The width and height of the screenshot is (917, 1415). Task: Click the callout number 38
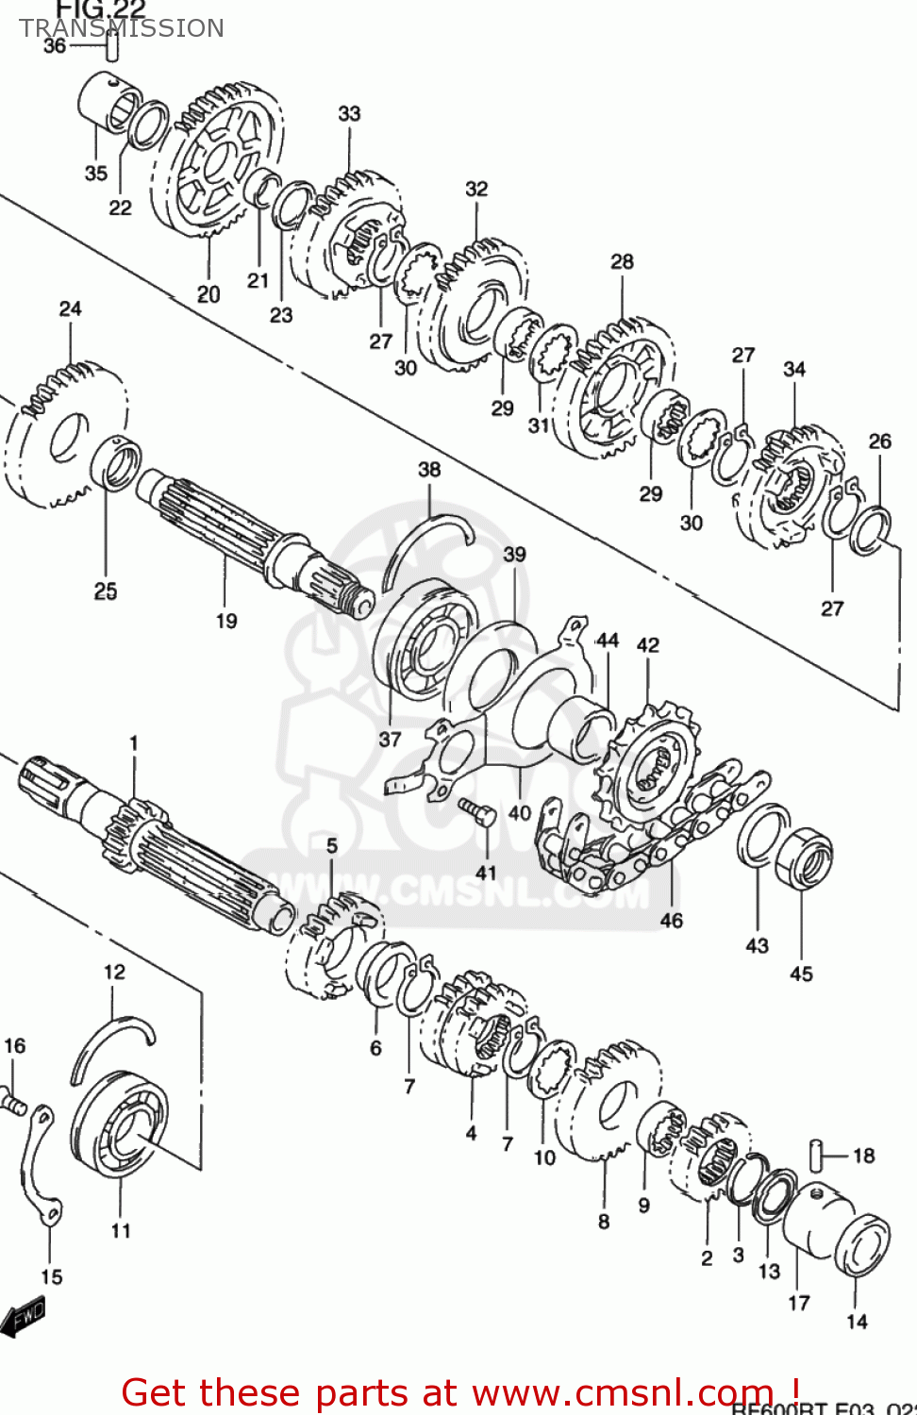429,469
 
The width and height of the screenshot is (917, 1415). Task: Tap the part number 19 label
226,621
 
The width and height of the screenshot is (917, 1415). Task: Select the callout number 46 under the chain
671,920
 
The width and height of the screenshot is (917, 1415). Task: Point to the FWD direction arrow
23,1316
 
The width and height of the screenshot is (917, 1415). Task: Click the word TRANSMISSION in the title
122,28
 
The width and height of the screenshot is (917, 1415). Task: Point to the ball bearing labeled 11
120,1124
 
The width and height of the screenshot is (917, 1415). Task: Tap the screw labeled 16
13,1100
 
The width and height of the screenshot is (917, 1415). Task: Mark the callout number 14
857,1322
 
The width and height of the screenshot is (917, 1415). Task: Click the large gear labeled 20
219,160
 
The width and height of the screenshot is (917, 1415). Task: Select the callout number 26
879,441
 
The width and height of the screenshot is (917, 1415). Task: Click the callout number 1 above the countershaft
133,743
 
